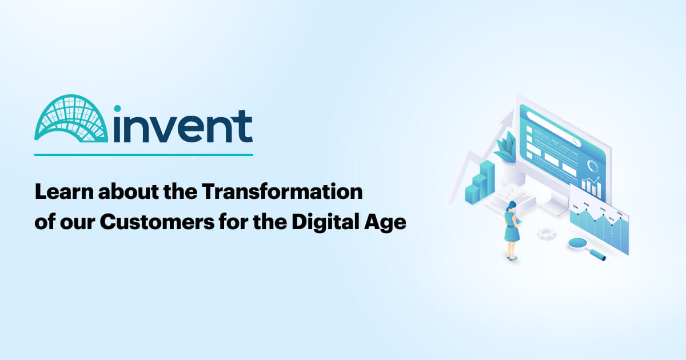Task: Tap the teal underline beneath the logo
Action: point(143,154)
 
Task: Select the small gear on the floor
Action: point(546,233)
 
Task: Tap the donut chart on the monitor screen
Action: point(593,166)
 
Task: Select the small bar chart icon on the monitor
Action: point(591,185)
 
